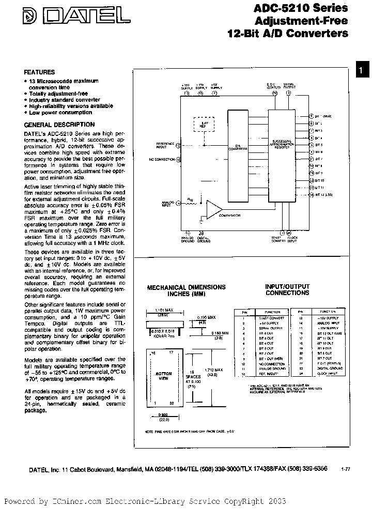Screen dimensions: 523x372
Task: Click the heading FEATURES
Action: coord(39,72)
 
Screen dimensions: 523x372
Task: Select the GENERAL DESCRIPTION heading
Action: coord(59,125)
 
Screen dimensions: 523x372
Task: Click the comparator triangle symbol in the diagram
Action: coord(213,209)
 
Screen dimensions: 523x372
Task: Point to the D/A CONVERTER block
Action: coord(238,147)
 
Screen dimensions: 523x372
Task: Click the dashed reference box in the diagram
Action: coord(203,125)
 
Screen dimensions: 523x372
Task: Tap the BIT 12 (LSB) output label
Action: coord(323,195)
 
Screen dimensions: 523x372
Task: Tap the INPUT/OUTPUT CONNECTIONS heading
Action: coord(287,290)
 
